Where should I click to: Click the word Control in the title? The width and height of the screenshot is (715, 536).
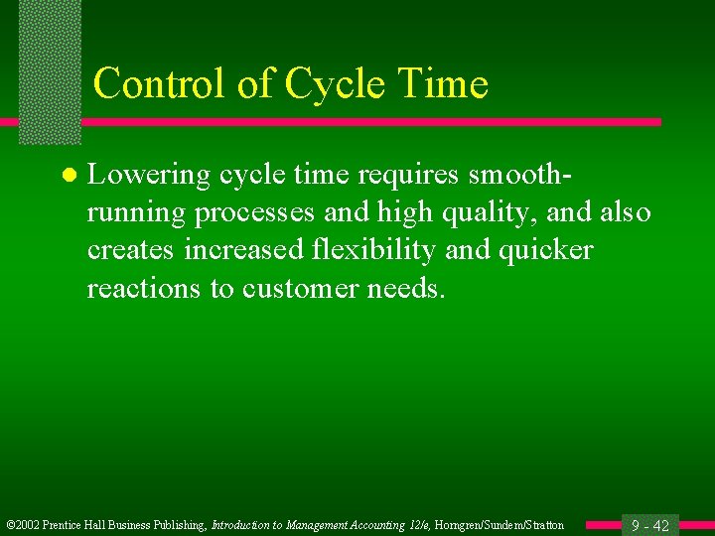click(160, 83)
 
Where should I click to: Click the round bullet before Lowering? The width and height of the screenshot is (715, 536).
click(68, 176)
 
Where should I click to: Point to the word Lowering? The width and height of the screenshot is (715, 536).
click(149, 176)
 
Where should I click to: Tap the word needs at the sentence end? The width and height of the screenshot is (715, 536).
click(412, 289)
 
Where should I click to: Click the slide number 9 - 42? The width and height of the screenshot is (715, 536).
click(650, 525)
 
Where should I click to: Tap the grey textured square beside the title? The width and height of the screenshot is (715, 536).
click(50, 69)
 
